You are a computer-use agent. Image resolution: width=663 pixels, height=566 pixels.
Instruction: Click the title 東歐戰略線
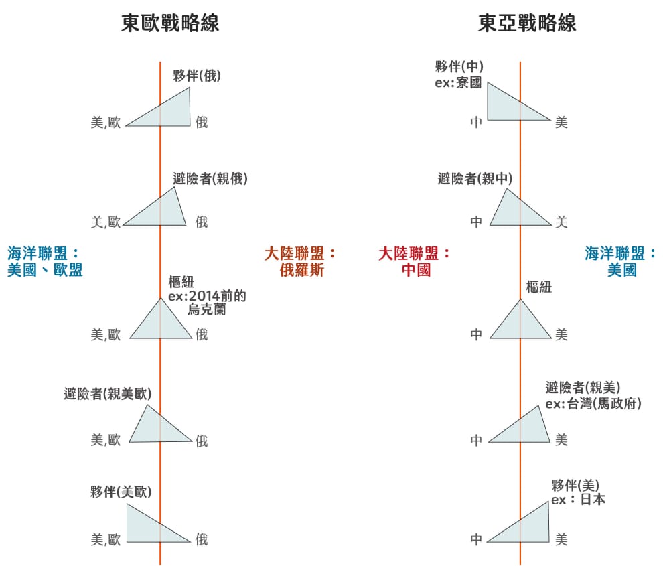click(170, 23)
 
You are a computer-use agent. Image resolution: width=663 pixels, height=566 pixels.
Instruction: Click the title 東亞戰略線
click(527, 23)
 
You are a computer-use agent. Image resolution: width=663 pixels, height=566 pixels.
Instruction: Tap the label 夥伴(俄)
click(197, 76)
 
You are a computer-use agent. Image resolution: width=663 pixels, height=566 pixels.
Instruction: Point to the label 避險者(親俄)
click(210, 179)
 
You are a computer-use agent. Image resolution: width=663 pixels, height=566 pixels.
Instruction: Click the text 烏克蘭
click(206, 309)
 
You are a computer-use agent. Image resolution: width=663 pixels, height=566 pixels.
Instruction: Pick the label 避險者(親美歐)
click(107, 394)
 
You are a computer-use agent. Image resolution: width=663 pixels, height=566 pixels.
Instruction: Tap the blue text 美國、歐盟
click(45, 270)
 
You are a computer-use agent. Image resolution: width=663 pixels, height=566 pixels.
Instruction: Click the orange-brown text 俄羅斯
click(302, 270)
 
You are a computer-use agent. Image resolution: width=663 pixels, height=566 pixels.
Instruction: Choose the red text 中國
click(417, 270)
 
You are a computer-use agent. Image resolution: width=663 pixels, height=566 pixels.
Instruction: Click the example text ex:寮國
click(458, 82)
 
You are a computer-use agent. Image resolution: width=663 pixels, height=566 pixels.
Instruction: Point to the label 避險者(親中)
click(475, 179)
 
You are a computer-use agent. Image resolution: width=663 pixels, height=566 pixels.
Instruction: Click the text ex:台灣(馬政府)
click(593, 403)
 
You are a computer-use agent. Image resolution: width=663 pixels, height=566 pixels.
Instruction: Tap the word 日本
click(593, 500)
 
